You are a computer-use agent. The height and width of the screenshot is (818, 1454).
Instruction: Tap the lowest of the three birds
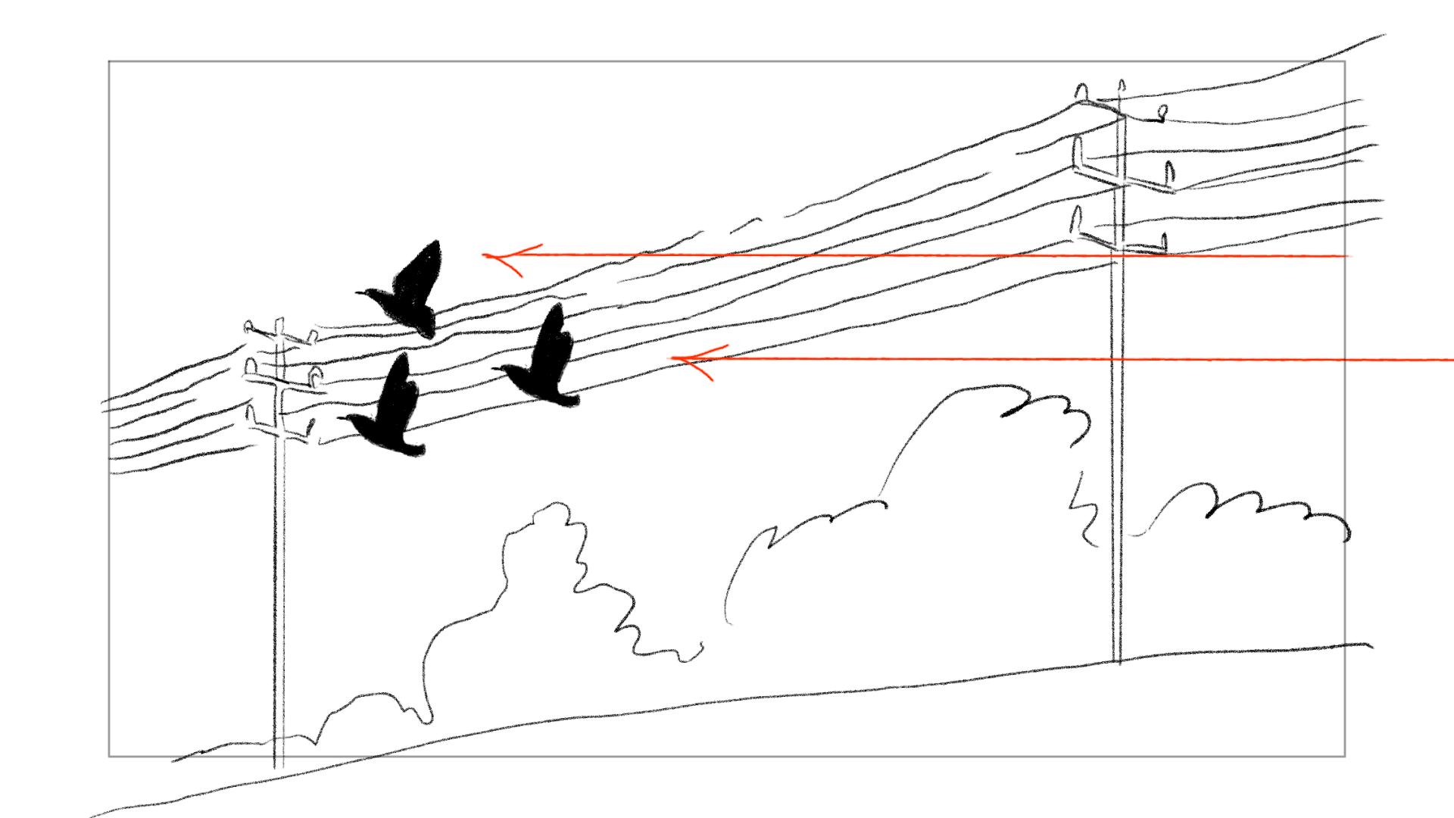(390, 417)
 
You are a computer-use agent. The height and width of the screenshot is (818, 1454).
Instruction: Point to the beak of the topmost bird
(358, 291)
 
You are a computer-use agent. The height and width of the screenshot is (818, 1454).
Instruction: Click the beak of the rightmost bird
(495, 370)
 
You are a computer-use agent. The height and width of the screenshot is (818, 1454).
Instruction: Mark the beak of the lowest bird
(341, 417)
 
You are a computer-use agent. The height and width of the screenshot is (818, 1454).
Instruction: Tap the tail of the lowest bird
(417, 450)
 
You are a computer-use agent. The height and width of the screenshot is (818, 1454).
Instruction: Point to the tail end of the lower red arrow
(1450, 361)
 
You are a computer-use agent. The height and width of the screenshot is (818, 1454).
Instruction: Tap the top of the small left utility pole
(278, 321)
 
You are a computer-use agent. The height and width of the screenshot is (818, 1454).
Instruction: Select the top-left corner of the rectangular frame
(109, 61)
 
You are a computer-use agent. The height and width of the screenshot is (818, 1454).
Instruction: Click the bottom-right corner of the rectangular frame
(1345, 756)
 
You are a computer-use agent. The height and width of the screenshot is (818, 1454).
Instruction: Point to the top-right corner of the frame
(1345, 61)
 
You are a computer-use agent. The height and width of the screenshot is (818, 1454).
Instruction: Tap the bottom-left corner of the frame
(109, 756)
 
